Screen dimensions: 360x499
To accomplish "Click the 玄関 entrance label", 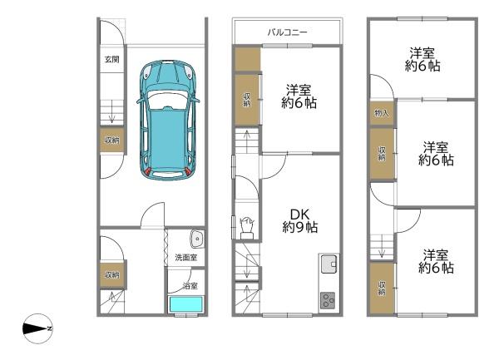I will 111,60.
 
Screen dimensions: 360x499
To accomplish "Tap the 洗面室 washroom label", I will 185,259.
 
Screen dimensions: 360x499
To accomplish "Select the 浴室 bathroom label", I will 190,285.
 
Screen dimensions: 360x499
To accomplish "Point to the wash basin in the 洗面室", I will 195,239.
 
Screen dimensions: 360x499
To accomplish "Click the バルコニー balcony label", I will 287,32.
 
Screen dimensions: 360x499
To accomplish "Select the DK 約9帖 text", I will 301,219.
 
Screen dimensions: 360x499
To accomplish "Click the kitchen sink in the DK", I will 329,265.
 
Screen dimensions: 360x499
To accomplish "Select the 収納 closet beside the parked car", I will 111,141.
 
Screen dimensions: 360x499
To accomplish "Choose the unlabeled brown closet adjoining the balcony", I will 246,59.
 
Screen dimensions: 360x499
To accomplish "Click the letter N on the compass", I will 49,329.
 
